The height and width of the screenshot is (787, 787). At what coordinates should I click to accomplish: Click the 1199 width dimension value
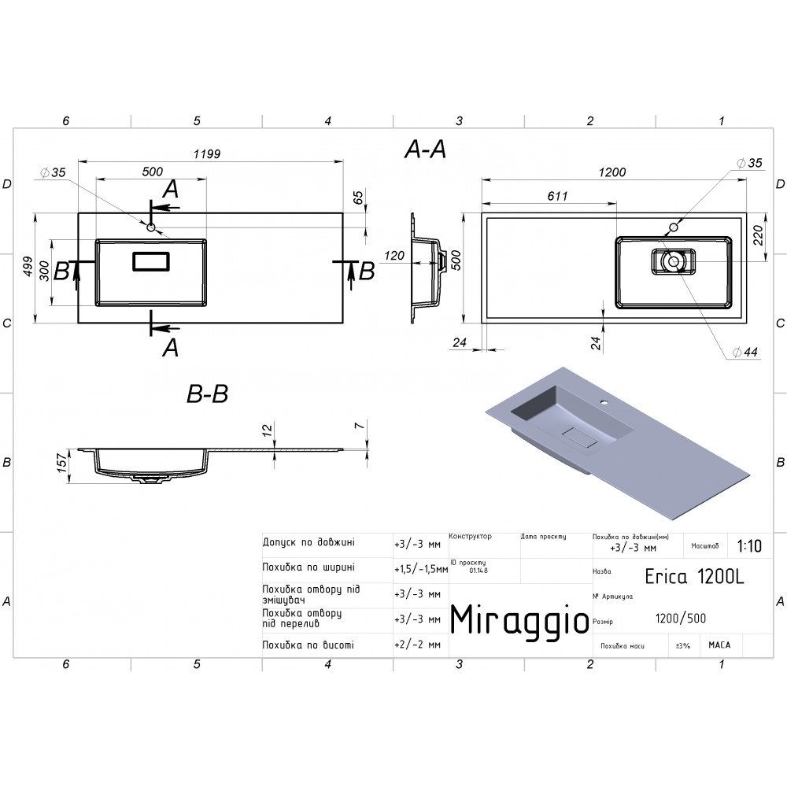(x=207, y=154)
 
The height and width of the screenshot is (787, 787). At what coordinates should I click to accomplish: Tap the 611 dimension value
(x=557, y=196)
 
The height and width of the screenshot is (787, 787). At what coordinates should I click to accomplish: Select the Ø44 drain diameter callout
(x=745, y=353)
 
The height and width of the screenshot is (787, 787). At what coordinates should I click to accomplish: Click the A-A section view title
(x=425, y=149)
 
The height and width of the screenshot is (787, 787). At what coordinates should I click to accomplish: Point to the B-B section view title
(x=207, y=394)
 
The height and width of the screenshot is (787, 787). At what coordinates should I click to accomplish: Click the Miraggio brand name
(x=519, y=620)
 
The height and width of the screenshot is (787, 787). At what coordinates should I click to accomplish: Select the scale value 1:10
(x=749, y=545)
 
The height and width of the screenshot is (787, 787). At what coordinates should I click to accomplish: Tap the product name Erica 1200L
(x=694, y=577)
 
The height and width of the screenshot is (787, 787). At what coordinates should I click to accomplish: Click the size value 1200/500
(x=681, y=619)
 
